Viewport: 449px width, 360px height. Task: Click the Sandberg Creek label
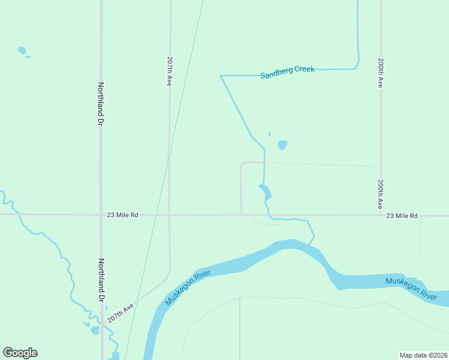pos(287,73)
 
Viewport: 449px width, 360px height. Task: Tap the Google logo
pos(20,353)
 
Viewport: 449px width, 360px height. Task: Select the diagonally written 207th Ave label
pos(121,313)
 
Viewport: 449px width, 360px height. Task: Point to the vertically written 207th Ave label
pos(170,73)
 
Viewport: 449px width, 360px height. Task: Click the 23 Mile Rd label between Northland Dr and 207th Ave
pos(122,215)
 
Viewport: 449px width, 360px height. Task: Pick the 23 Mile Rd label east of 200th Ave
pos(402,215)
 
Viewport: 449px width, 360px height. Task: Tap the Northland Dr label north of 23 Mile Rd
pos(101,104)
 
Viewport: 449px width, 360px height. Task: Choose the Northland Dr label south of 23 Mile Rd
pos(101,280)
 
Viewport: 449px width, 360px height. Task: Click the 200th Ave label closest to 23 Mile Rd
pos(381,194)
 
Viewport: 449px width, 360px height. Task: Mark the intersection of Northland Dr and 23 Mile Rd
pos(101,214)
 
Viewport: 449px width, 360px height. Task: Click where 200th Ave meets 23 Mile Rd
pos(381,215)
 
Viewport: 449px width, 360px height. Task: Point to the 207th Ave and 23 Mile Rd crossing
pos(170,215)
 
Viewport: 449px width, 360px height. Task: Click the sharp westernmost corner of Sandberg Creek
pos(221,76)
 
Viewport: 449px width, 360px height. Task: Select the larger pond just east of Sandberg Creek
pos(282,145)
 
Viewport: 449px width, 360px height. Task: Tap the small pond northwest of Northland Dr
pos(22,51)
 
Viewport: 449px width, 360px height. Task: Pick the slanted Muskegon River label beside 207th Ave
pos(189,287)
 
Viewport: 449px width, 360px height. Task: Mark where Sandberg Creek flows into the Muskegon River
pos(310,244)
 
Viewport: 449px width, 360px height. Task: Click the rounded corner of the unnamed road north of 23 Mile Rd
pos(243,163)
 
